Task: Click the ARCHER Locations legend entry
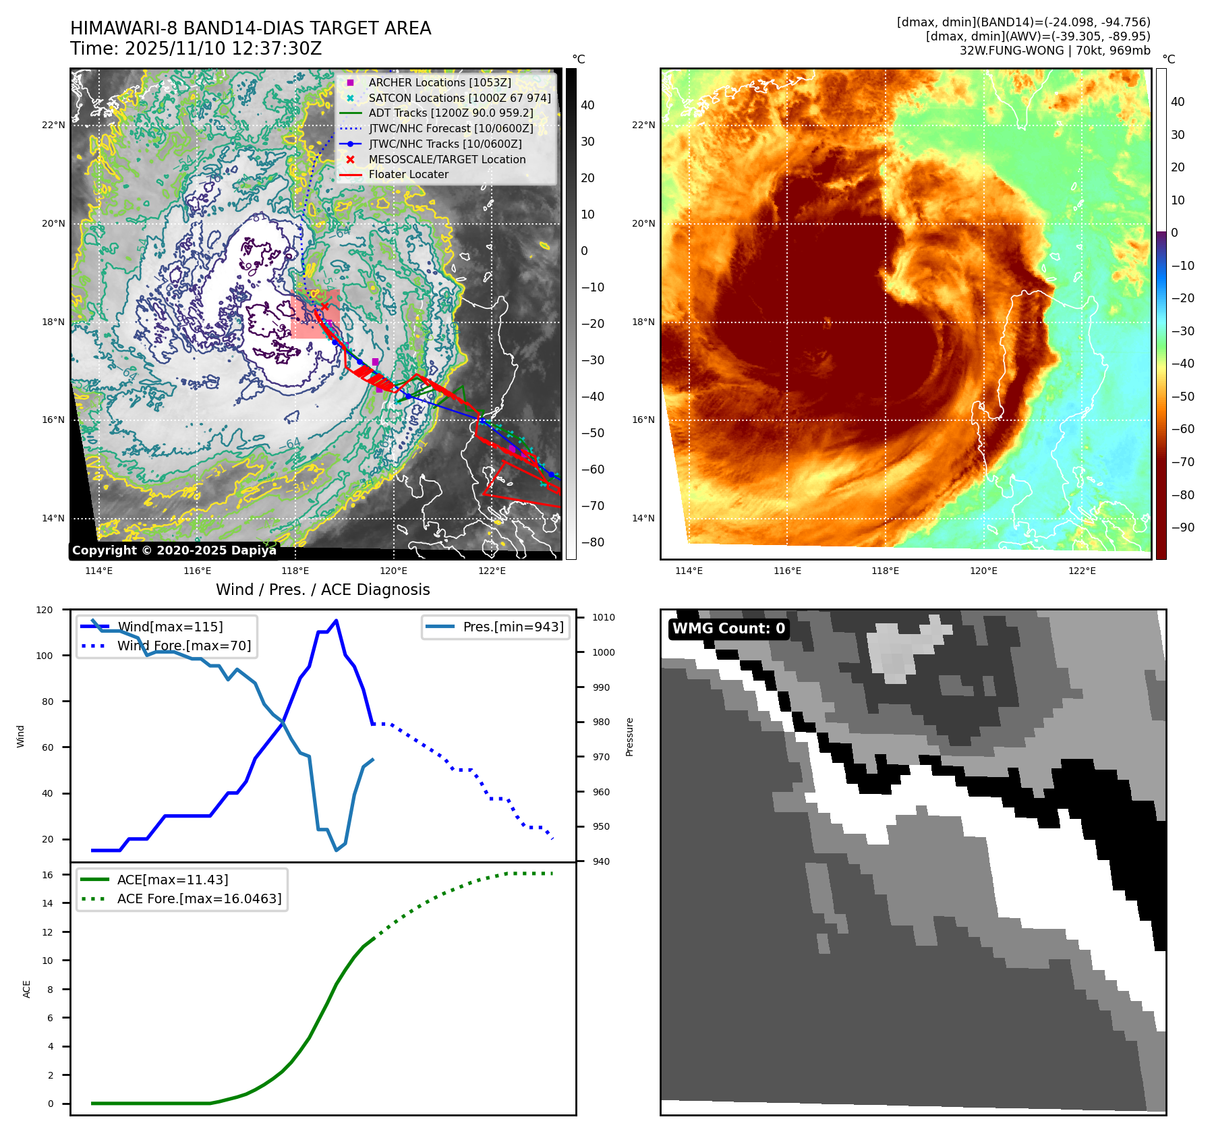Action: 439,82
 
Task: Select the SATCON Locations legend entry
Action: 459,98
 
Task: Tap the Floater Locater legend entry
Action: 408,174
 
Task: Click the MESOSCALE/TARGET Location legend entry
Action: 446,159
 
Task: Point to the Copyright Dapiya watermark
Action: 174,550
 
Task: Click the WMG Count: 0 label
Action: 728,629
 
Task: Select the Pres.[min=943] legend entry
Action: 513,627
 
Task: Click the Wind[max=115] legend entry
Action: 170,627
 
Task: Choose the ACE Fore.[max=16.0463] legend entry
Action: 199,899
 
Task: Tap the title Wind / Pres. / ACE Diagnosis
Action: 322,590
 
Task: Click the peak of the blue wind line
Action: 337,621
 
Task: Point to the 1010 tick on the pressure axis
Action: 604,617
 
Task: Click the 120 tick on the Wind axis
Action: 45,610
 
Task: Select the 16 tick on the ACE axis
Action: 47,875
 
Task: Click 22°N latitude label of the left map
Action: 53,125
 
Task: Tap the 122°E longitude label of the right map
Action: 1082,571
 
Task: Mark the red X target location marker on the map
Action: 324,307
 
